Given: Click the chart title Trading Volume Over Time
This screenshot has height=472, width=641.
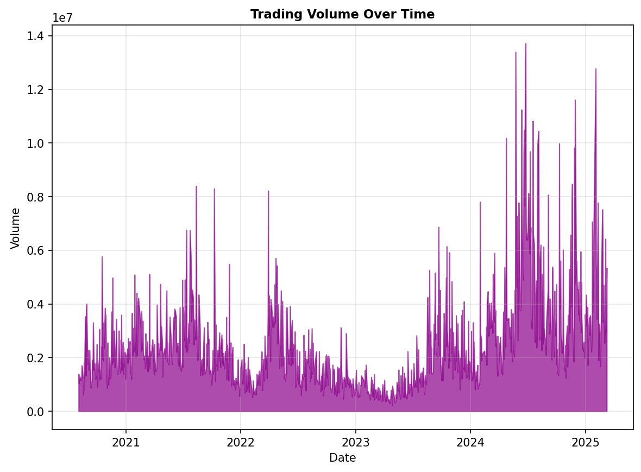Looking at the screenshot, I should (342, 15).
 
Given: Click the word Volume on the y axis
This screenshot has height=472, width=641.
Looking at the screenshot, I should (15, 228).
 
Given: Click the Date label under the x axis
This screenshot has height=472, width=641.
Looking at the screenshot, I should (342, 458).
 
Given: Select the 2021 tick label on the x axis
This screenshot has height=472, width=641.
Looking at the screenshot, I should (125, 442).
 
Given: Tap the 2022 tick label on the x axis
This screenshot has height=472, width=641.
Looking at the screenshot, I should (241, 442).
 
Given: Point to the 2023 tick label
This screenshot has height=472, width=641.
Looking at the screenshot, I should (355, 442).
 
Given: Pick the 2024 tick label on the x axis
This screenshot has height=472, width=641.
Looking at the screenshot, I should (470, 442).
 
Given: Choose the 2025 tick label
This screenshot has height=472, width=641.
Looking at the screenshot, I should (586, 442).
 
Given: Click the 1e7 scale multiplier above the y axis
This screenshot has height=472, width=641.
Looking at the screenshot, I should (62, 17).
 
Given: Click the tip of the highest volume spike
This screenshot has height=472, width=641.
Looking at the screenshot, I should (526, 43).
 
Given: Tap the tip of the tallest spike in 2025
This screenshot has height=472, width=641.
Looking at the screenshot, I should (596, 68).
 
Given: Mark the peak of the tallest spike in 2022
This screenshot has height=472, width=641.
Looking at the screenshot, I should (268, 191).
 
